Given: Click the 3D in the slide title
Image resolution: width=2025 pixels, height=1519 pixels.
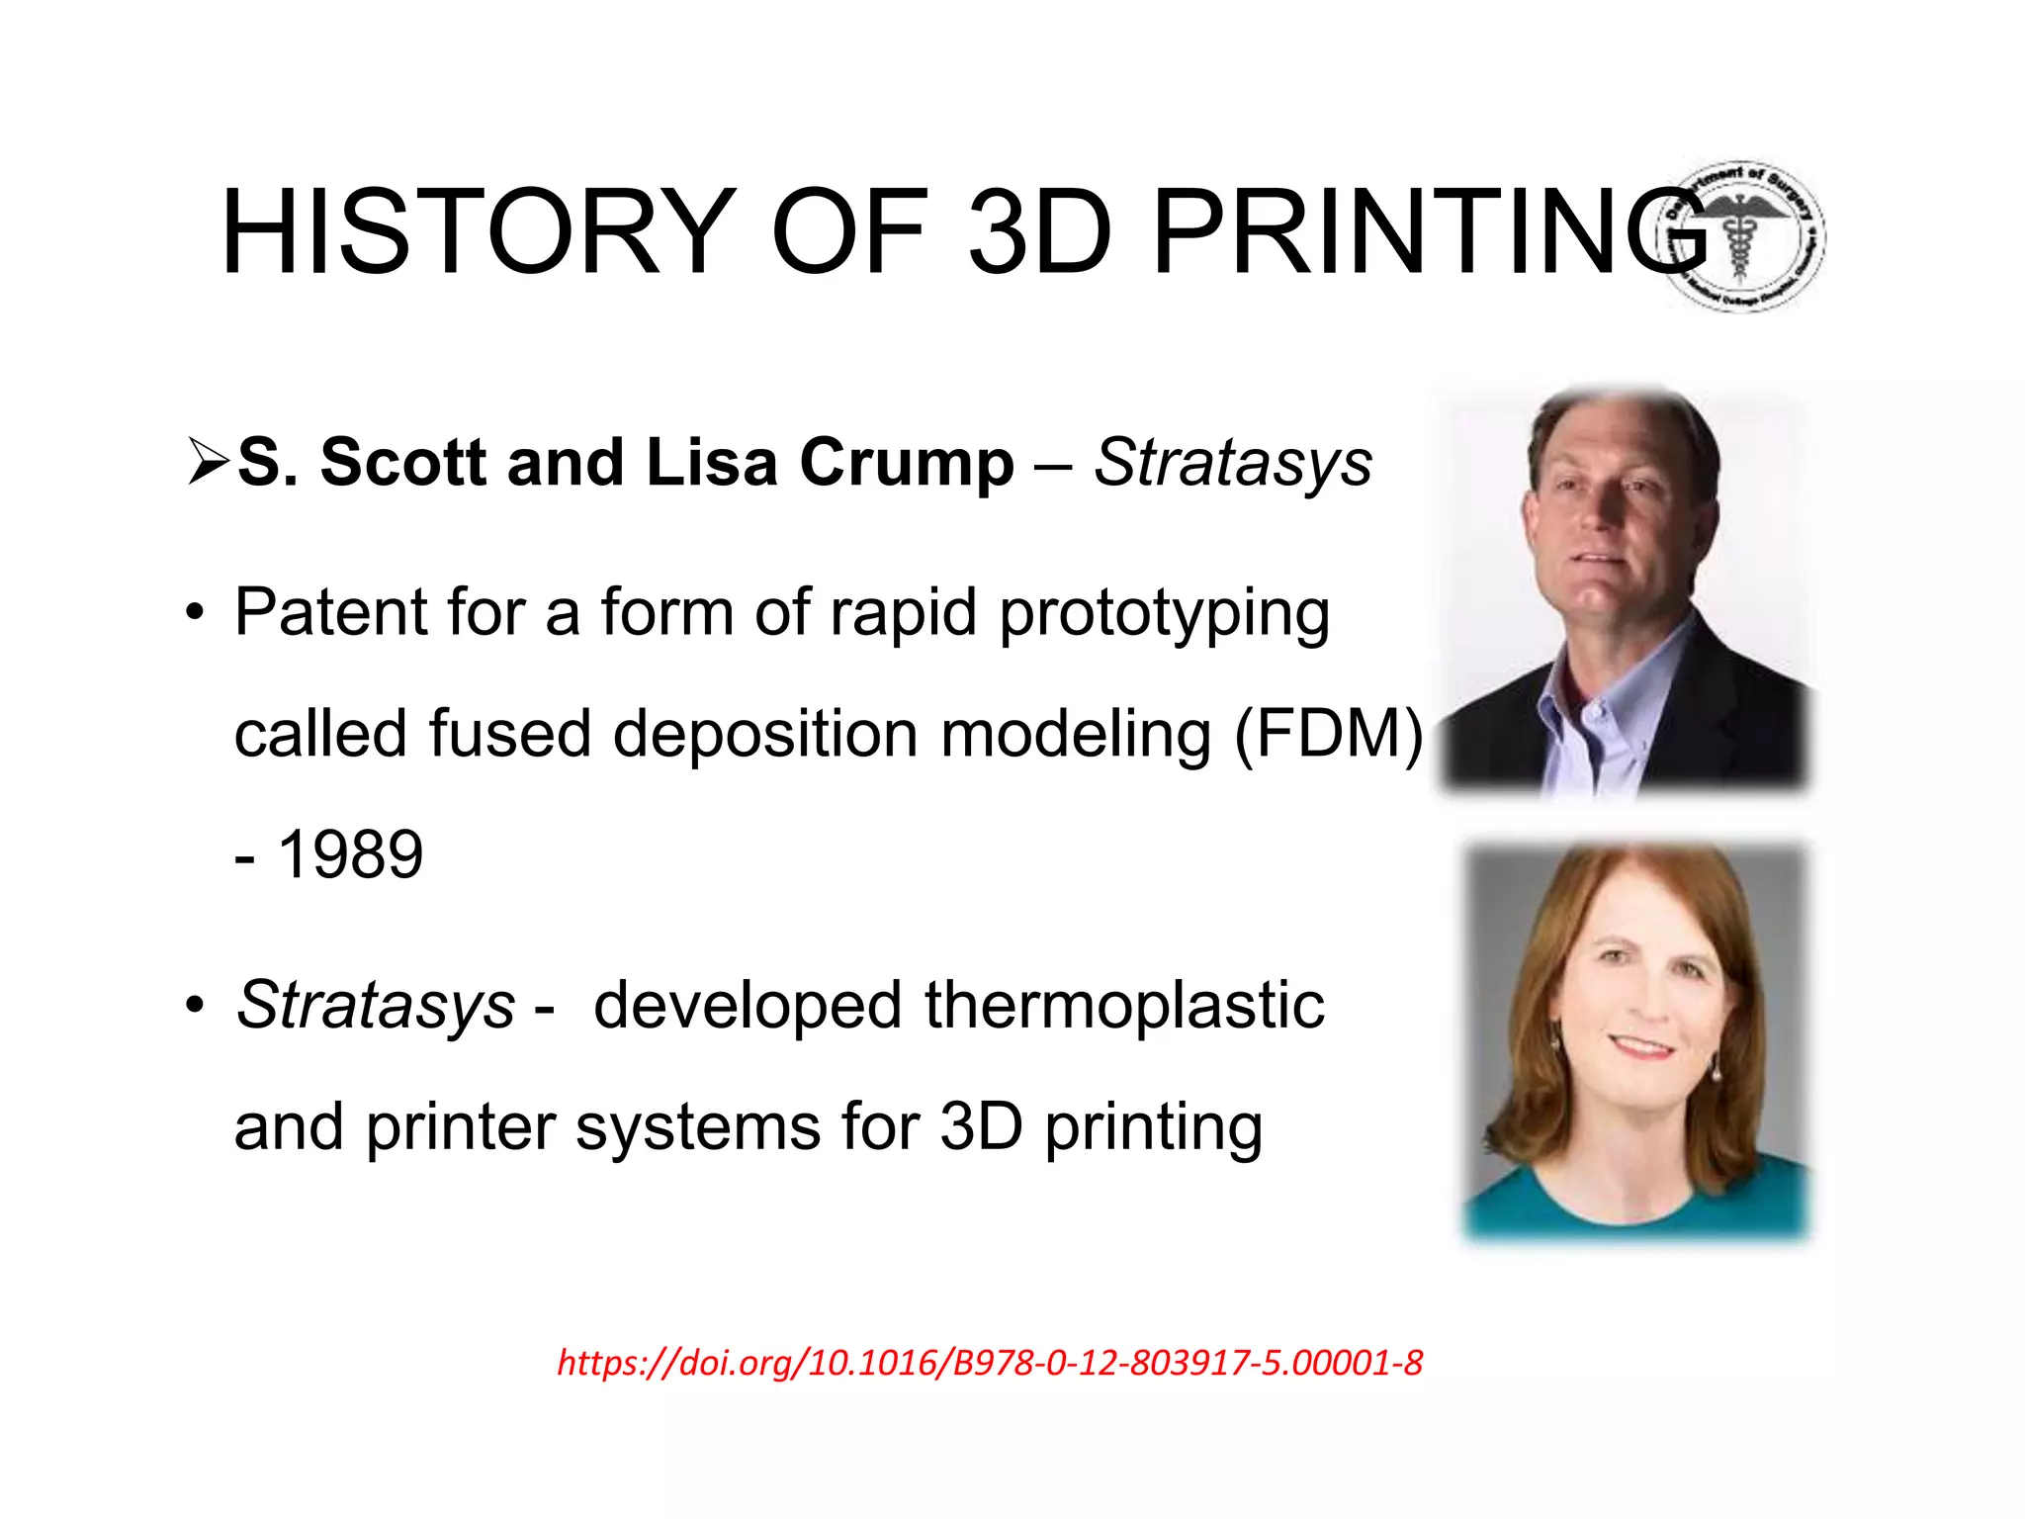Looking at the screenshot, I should point(1038,232).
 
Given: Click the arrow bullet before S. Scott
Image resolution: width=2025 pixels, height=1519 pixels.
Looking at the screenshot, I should point(208,462).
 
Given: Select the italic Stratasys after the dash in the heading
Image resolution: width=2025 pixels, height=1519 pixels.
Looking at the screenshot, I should point(1233,462).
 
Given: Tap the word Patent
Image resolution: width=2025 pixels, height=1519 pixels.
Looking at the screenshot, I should point(329,612).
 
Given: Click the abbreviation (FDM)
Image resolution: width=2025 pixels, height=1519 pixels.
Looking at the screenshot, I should point(1328,735).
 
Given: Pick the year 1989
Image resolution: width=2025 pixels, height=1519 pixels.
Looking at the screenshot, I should point(350,854).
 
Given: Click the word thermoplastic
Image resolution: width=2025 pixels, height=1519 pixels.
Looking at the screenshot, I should point(1124,1006).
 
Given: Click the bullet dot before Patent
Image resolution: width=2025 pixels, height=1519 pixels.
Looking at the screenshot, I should point(196,613).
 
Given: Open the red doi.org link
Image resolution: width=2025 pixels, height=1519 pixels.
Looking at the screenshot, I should point(990,1363).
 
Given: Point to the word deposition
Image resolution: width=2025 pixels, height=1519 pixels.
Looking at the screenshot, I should point(765,735).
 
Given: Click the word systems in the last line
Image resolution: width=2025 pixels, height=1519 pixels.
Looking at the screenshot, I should point(698,1127).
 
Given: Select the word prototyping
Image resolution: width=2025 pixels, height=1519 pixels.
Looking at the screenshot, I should point(1164,614).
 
